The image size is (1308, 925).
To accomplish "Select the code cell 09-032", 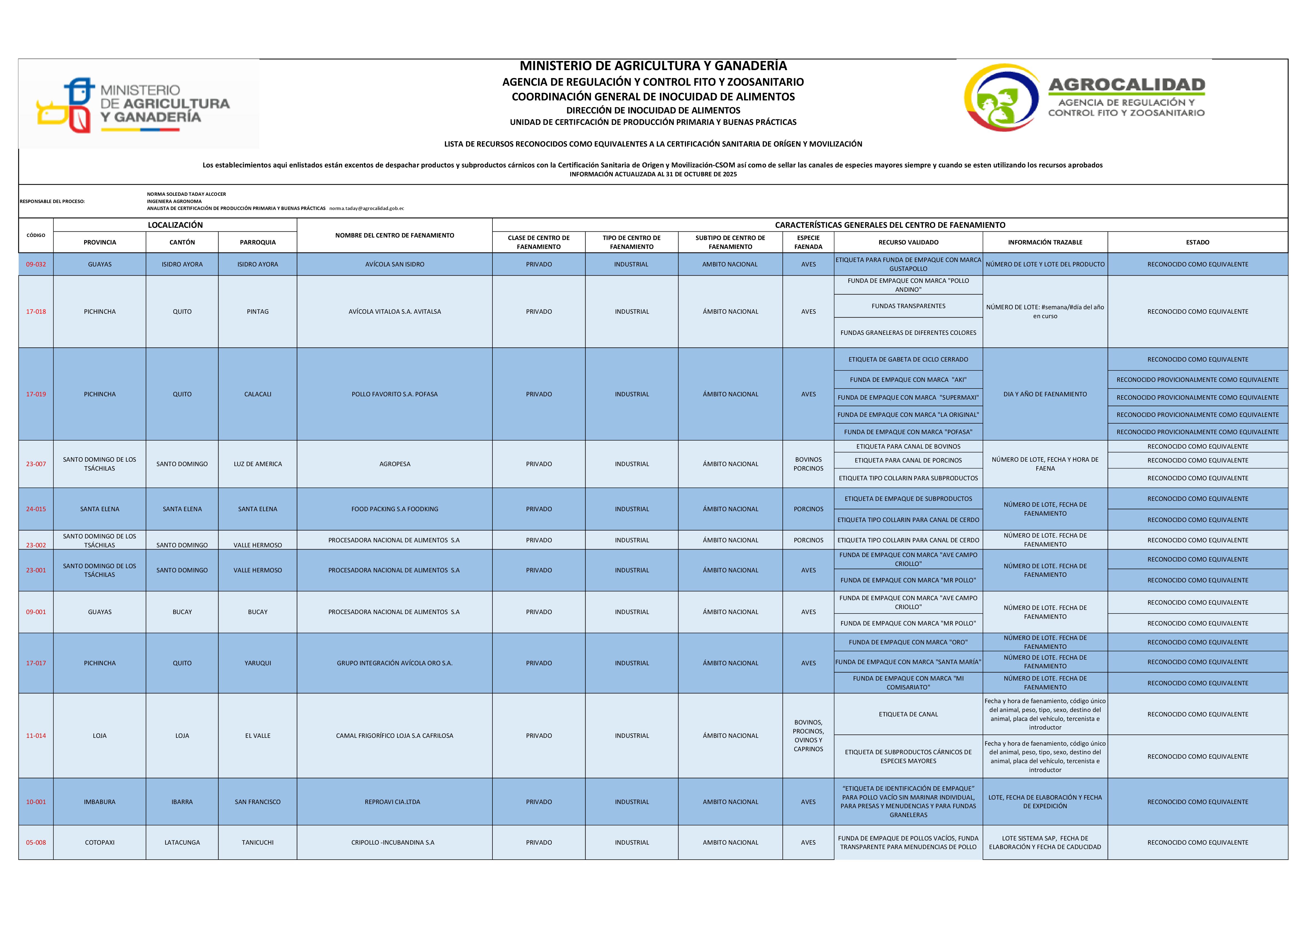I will tap(36, 264).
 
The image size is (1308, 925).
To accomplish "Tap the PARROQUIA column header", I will tap(257, 242).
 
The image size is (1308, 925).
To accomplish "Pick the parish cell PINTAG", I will tap(257, 312).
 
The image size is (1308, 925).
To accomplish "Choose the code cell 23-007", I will tap(36, 464).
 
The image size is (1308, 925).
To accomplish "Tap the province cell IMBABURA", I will tap(100, 802).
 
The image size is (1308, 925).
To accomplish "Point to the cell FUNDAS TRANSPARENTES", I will tap(908, 306).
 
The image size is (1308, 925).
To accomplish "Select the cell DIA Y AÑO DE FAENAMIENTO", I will tap(1045, 394).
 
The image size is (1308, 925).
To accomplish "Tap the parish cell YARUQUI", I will tap(257, 663).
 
